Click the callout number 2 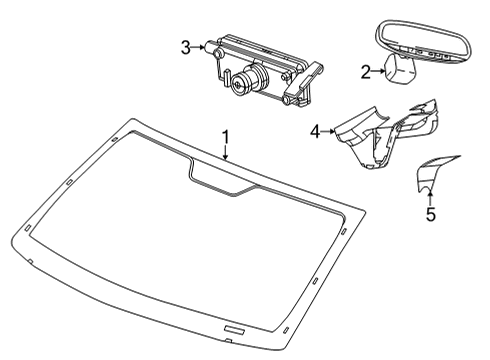pos(366,71)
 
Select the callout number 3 pos(185,46)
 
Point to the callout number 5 pos(431,214)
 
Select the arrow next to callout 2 pos(380,71)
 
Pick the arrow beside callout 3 pos(200,46)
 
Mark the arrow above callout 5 pos(431,196)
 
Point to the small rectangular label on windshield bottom pos(234,329)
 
